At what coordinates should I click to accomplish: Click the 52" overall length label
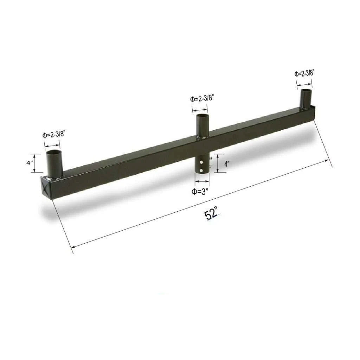coord(211,214)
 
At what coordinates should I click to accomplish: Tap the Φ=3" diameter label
coord(201,192)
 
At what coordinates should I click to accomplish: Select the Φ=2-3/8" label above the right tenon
coord(304,74)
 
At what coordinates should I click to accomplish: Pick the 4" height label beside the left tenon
coord(29,163)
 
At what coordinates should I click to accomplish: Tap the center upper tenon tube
coord(202,126)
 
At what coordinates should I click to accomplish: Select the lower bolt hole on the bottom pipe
coord(201,171)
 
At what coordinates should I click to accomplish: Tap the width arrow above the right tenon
coord(304,84)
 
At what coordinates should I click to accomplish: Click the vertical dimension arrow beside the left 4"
coord(34,163)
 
